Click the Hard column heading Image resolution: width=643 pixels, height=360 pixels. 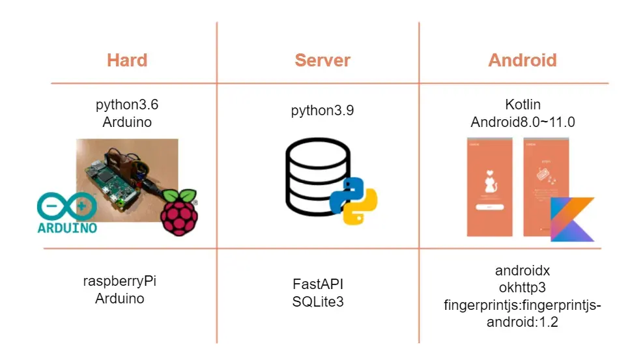[127, 61]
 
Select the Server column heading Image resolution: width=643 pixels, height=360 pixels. [322, 61]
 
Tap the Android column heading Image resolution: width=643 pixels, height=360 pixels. [522, 61]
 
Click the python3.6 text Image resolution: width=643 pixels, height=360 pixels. [127, 104]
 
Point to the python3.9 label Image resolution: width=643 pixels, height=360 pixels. [322, 111]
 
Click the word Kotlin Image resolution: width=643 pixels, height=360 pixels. [523, 104]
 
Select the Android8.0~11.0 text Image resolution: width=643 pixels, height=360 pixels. [523, 122]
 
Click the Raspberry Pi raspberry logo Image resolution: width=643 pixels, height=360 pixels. [179, 212]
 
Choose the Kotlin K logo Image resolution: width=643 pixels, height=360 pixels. [572, 220]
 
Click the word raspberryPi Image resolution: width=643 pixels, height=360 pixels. [119, 281]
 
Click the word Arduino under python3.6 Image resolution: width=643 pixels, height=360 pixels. [127, 122]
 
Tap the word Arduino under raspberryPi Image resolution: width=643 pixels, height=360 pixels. [119, 299]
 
